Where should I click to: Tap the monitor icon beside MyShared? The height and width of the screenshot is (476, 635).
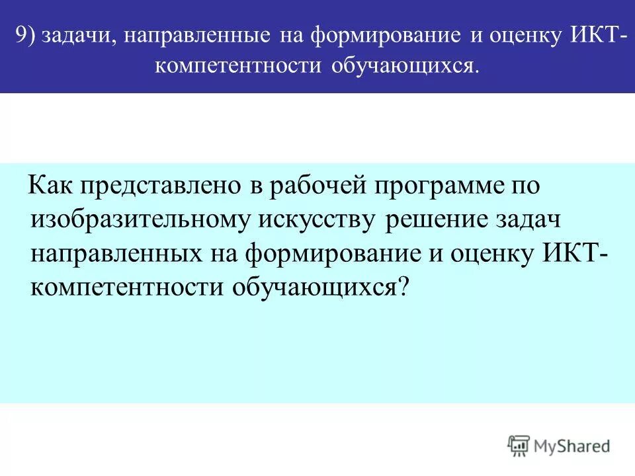tap(519, 446)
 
